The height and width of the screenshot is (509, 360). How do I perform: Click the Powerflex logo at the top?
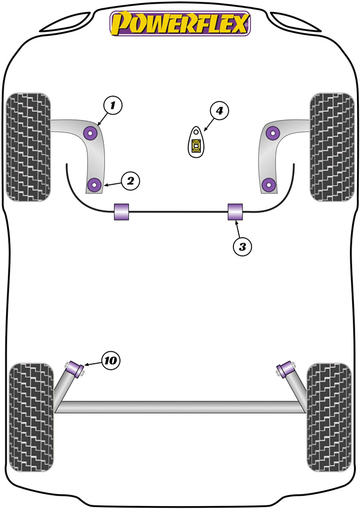click(180, 23)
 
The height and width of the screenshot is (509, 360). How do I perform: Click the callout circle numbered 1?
click(112, 106)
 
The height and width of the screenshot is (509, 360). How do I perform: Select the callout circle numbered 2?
click(130, 181)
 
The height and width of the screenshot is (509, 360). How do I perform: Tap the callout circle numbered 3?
click(242, 247)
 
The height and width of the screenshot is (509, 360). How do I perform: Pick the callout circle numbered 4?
click(220, 110)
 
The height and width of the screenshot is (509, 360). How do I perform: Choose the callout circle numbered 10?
click(110, 360)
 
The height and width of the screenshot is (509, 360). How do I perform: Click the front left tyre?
click(28, 147)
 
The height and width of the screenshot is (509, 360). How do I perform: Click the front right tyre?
click(332, 147)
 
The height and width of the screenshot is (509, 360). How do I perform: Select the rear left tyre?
click(31, 417)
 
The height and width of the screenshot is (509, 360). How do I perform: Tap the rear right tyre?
click(329, 417)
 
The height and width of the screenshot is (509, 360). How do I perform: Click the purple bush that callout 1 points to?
click(90, 133)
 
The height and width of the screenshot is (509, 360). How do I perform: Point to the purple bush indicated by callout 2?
click(95, 185)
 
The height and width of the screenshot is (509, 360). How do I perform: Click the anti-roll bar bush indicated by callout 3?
click(235, 212)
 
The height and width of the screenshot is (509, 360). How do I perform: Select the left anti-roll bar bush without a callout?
click(121, 212)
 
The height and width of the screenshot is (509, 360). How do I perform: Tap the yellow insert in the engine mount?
click(196, 145)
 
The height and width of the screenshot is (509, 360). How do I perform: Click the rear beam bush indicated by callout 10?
click(76, 369)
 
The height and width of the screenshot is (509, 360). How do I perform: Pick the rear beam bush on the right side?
click(286, 369)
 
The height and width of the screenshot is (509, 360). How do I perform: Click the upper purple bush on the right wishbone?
click(272, 133)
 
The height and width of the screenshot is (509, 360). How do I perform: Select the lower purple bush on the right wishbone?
click(268, 185)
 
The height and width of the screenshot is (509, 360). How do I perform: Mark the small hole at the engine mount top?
click(196, 132)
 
